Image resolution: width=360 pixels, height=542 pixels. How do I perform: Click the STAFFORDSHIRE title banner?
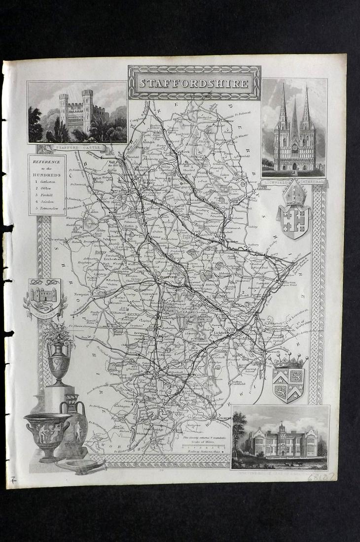point(194,83)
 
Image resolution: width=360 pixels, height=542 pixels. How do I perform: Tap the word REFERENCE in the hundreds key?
point(47,162)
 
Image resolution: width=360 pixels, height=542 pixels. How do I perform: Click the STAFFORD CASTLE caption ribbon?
point(77,148)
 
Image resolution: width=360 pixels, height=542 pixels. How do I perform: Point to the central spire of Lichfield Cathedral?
point(294,118)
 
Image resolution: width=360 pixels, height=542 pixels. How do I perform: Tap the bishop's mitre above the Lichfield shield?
point(294,194)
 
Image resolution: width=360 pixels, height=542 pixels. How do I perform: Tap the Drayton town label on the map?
point(58,239)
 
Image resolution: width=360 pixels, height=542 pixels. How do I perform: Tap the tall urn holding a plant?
point(59,357)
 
